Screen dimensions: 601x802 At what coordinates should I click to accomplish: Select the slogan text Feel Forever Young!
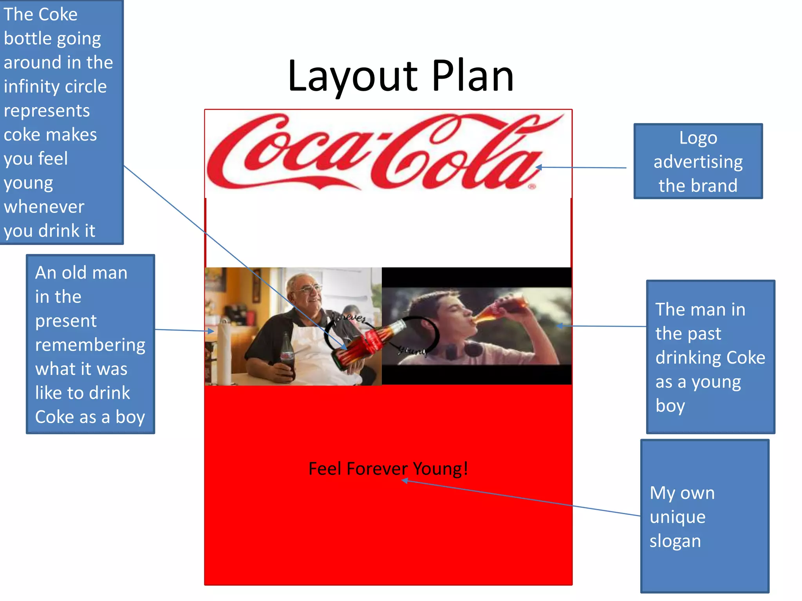(388, 469)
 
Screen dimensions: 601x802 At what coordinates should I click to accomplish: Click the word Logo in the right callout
(698, 138)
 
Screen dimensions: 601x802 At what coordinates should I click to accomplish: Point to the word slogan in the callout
(675, 541)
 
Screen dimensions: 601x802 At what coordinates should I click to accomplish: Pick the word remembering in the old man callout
(90, 345)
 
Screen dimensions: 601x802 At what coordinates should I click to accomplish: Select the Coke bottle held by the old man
(287, 356)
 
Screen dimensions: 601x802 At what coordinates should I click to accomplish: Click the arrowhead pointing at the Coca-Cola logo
(538, 167)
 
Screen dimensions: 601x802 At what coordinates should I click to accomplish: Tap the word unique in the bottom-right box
(677, 517)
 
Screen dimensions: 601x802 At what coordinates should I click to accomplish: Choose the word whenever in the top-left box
(44, 207)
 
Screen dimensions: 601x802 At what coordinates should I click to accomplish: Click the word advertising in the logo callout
(698, 162)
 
